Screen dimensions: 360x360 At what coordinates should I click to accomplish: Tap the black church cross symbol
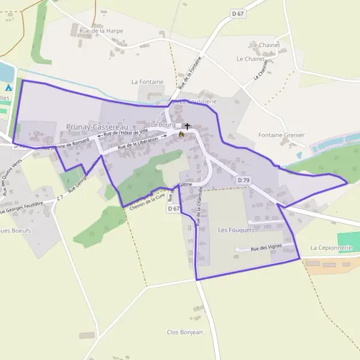187,127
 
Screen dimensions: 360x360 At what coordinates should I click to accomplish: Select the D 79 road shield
243,180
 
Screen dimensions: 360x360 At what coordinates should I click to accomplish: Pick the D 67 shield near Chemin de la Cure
173,208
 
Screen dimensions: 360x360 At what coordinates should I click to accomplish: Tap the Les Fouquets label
235,230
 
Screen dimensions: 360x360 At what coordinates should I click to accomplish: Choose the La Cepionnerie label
330,247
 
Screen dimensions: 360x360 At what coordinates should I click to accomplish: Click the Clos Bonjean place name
185,332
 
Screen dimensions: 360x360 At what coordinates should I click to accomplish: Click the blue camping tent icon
16,87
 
